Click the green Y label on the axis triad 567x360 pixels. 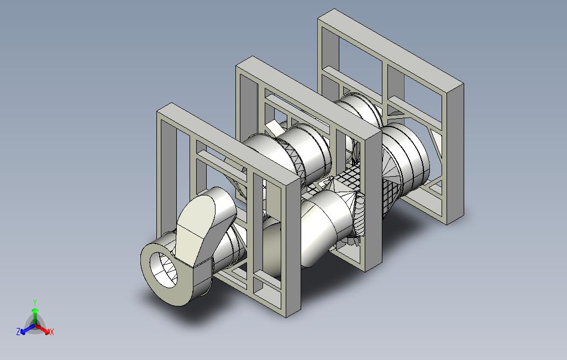[35, 302]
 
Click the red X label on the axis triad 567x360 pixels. [52, 332]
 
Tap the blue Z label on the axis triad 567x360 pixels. [18, 331]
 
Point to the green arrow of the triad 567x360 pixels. [35, 316]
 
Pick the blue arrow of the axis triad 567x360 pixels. [28, 329]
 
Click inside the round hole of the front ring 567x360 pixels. [163, 269]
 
